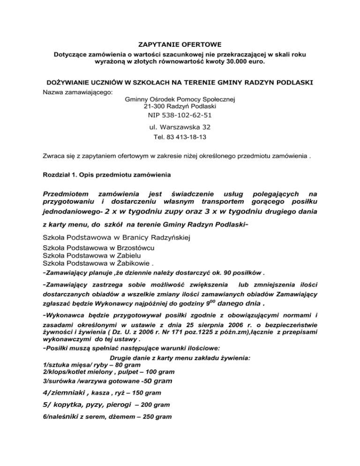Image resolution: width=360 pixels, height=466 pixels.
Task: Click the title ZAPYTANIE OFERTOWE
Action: pos(180,45)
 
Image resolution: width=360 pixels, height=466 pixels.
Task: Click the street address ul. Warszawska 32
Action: pos(180,127)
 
